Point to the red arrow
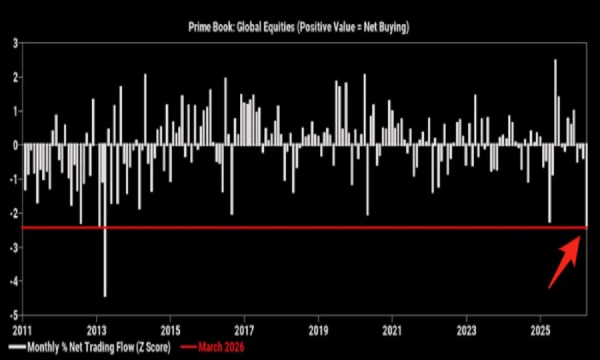pyautogui.click(x=566, y=260)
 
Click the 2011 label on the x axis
pyautogui.click(x=22, y=331)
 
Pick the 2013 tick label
pyautogui.click(x=96, y=331)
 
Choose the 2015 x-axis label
pyautogui.click(x=170, y=331)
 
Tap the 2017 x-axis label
pyautogui.click(x=244, y=331)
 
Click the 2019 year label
pyautogui.click(x=318, y=331)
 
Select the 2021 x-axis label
pyautogui.click(x=392, y=331)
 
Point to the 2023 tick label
pyautogui.click(x=466, y=331)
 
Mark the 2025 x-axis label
pyautogui.click(x=540, y=331)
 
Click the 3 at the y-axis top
pyautogui.click(x=15, y=43)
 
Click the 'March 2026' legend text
pyautogui.click(x=221, y=347)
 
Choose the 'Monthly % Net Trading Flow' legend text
pyautogui.click(x=98, y=347)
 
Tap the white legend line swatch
pyautogui.click(x=17, y=347)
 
